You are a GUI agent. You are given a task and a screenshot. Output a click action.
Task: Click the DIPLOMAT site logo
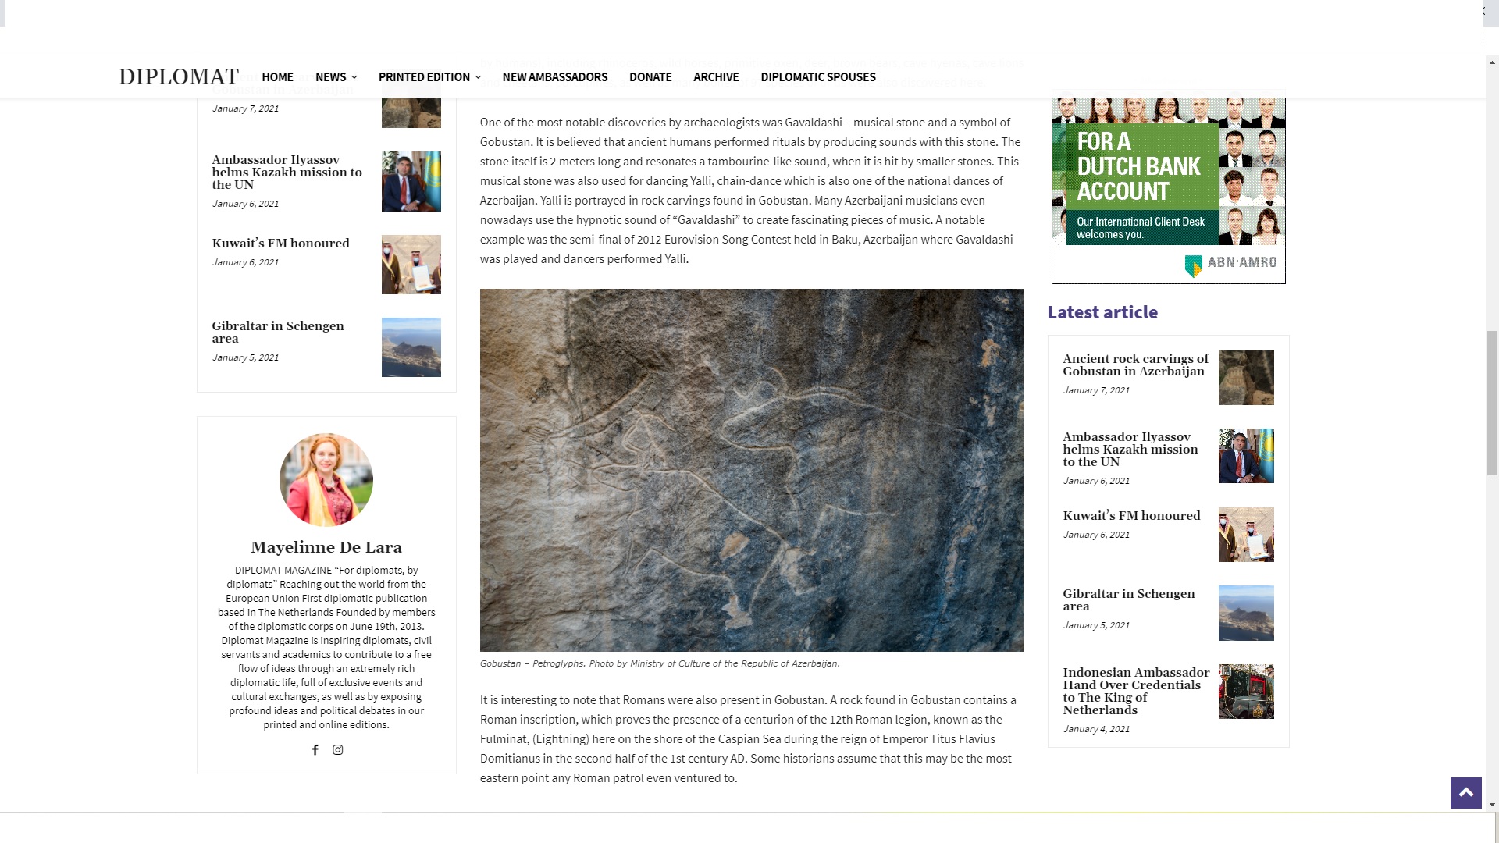(x=178, y=76)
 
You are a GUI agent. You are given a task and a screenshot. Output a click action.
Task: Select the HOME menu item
(x=277, y=76)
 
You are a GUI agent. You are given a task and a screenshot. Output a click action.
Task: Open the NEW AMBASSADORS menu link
(x=554, y=76)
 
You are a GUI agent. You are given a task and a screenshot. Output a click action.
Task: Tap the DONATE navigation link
(x=650, y=76)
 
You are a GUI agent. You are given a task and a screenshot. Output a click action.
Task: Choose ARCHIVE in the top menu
(x=715, y=76)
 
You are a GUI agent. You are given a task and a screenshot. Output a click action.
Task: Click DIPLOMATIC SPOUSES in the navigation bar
(x=817, y=76)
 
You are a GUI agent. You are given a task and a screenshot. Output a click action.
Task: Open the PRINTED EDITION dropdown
(x=429, y=76)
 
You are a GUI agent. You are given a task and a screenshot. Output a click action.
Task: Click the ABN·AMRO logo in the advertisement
(x=1230, y=264)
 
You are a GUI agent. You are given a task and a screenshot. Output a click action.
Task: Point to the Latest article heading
(x=1102, y=312)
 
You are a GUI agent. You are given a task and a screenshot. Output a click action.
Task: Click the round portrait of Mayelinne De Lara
(x=326, y=479)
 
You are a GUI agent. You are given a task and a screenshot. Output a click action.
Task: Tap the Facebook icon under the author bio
(x=315, y=750)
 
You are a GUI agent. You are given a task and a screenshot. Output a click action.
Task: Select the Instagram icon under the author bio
(x=338, y=750)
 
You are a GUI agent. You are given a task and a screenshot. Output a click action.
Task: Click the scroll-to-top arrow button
(x=1465, y=793)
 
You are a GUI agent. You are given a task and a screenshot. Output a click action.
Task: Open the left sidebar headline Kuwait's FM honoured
(x=280, y=244)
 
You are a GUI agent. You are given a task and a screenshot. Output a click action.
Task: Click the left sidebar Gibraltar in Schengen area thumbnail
(x=411, y=347)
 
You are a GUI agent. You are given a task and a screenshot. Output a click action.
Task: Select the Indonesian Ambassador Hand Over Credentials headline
(x=1136, y=691)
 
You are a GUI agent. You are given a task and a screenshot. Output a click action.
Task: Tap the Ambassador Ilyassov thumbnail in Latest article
(x=1245, y=456)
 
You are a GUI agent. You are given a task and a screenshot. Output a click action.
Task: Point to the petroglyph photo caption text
(x=660, y=663)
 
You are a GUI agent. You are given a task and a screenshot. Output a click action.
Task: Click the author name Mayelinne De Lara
(x=326, y=547)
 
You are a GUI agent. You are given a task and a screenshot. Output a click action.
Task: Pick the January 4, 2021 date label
(x=1095, y=729)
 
